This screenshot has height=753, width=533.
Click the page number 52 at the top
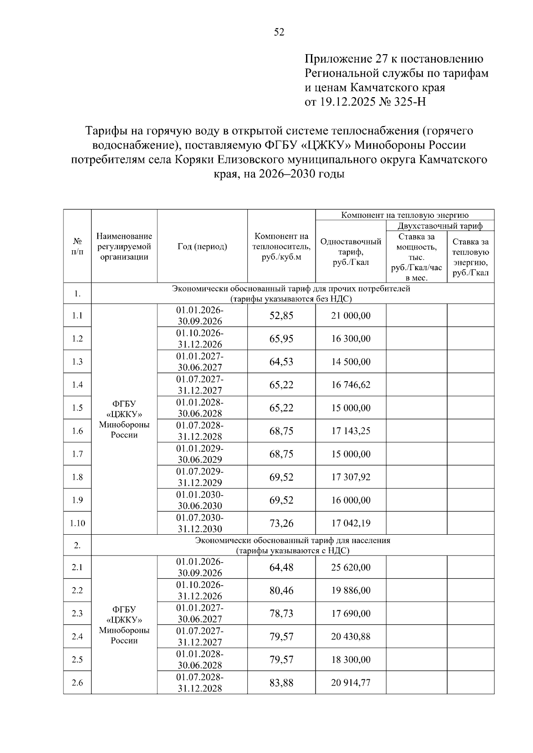[279, 32]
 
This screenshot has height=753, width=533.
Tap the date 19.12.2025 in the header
[347, 102]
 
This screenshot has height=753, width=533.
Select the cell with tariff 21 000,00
[350, 316]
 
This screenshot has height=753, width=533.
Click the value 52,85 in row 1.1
[281, 316]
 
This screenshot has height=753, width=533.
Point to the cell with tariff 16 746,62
[350, 385]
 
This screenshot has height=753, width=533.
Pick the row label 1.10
[77, 523]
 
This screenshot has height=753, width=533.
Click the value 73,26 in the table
[281, 523]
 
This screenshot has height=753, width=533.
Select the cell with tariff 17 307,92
[350, 477]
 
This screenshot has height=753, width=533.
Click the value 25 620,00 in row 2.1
[350, 567]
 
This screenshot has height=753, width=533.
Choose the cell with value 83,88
[281, 682]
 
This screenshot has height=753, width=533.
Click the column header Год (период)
[202, 247]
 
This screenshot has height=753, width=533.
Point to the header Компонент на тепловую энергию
[405, 215]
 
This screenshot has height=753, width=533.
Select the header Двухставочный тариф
[440, 226]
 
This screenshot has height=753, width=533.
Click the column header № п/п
[77, 247]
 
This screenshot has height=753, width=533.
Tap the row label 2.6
[77, 682]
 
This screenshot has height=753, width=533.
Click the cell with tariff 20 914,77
[350, 682]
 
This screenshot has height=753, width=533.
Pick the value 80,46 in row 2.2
[281, 590]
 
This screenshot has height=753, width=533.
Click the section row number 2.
[77, 545]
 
